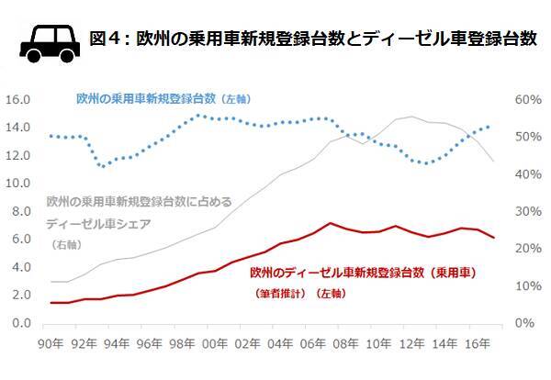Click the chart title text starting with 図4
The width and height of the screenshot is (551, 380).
coord(313,39)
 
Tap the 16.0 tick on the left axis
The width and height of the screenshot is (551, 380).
coord(19,99)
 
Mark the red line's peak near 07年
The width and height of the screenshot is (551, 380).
coord(329,223)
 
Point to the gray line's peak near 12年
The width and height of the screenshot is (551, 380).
coord(410,117)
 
